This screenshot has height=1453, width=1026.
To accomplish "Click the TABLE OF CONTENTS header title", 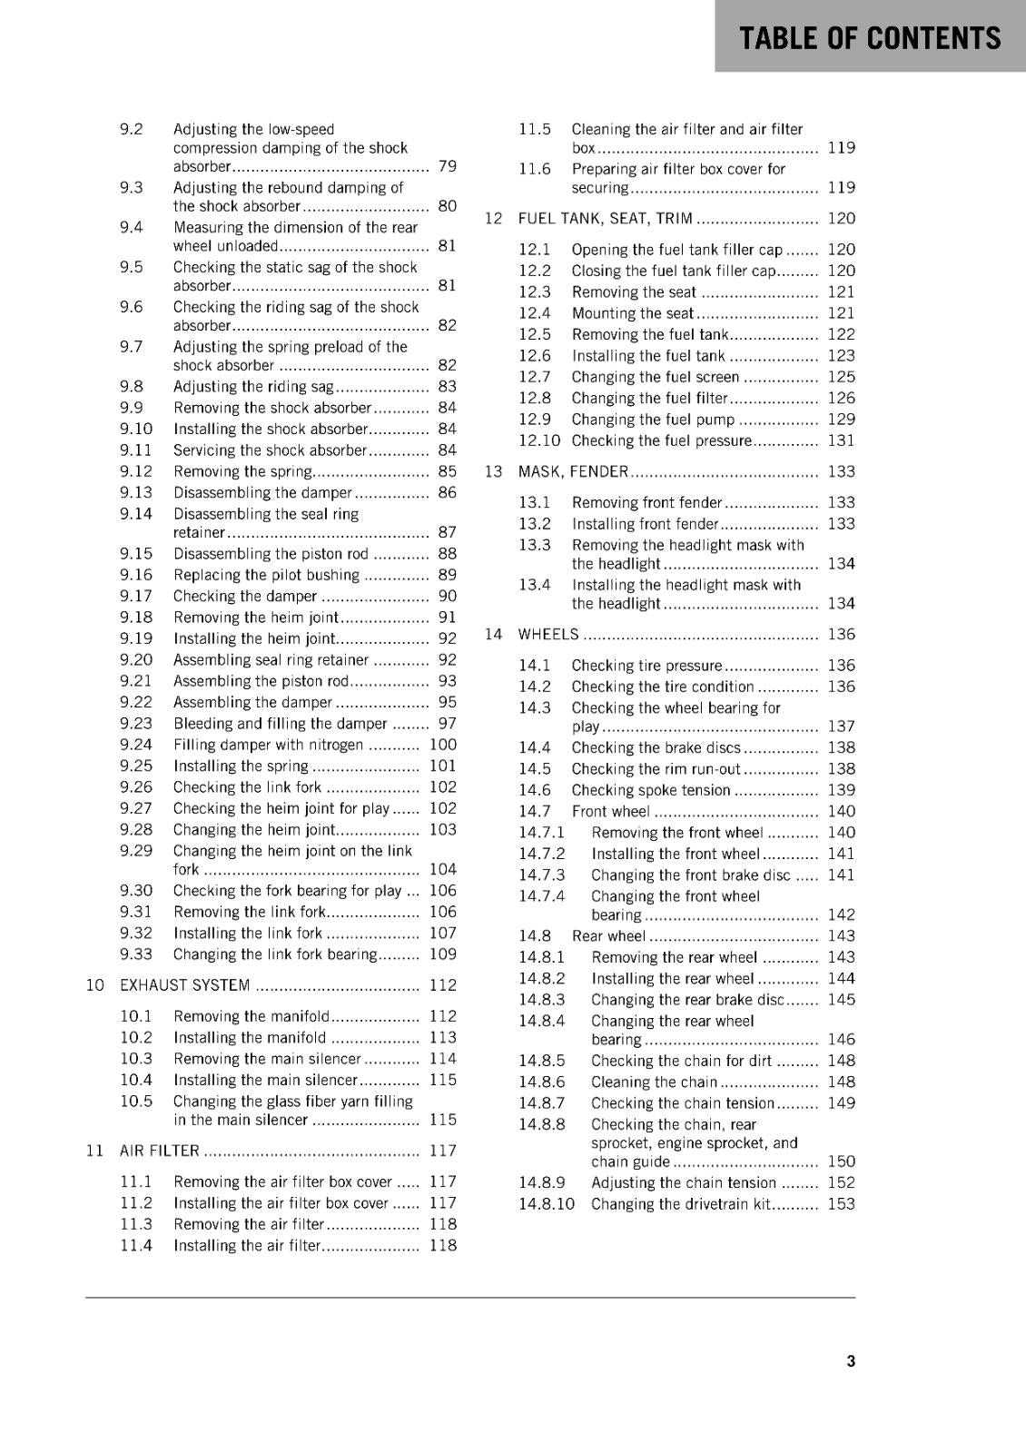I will click(x=869, y=37).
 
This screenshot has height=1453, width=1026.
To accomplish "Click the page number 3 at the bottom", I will click(x=850, y=1360).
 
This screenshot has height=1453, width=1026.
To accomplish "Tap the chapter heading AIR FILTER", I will click(x=160, y=1151).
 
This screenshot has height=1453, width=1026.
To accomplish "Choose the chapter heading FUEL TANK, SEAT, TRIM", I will click(x=605, y=219).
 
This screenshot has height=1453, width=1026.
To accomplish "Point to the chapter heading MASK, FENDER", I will click(x=573, y=471).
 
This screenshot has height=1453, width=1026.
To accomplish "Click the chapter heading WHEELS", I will click(x=548, y=635).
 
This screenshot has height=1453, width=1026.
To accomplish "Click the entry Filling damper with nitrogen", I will click(x=268, y=745).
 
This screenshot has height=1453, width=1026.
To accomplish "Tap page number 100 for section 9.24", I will click(x=442, y=745).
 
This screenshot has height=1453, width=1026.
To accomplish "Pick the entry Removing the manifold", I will click(x=252, y=1016).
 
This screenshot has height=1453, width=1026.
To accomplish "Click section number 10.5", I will click(x=136, y=1102).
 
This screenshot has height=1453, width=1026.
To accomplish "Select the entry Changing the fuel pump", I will click(x=653, y=420).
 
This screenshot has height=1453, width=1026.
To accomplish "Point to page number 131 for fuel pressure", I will click(x=841, y=440).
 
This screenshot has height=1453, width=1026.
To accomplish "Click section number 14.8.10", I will click(x=547, y=1204).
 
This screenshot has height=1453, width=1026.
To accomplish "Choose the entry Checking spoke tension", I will click(x=651, y=790).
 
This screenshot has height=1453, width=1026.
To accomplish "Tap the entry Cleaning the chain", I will click(x=654, y=1082).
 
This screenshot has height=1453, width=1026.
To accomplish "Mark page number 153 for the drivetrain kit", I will click(x=841, y=1204).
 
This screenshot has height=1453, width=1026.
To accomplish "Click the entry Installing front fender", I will click(x=645, y=524).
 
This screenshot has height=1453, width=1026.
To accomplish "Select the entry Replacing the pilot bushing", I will click(x=266, y=575).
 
